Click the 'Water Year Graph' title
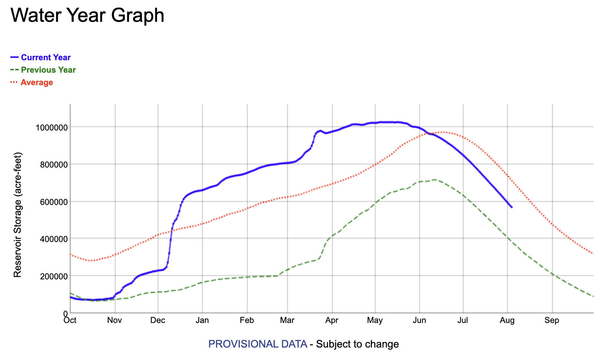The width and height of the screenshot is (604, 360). (88, 16)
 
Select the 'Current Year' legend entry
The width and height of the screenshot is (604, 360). (41, 57)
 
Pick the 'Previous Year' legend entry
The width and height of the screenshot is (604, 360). (43, 70)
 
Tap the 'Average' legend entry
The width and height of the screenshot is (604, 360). (32, 82)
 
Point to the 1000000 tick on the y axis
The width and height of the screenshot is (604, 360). (52, 127)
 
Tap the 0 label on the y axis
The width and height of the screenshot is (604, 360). (65, 314)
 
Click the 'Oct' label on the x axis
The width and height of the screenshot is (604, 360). (70, 320)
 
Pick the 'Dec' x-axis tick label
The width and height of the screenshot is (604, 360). (158, 320)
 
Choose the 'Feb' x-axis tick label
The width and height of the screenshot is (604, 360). (247, 320)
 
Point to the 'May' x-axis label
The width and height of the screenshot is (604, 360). (375, 320)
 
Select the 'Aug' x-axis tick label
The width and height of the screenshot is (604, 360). (507, 320)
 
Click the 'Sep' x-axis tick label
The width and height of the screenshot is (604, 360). (552, 320)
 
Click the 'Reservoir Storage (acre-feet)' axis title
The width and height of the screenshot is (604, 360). (18, 215)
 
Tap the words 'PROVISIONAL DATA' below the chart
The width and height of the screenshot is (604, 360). (258, 344)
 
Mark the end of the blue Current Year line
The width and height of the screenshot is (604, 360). (512, 207)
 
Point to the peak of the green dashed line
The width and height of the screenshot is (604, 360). (434, 180)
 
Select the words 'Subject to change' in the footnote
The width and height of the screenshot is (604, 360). (357, 344)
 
